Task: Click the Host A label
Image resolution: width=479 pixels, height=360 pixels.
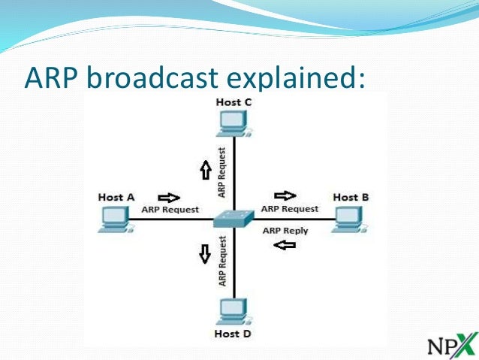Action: pos(116,197)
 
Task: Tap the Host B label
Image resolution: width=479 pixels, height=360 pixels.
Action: pos(351,197)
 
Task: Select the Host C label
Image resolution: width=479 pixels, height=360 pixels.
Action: pos(233,102)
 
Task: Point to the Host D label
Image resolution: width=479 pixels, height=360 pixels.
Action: pos(233,333)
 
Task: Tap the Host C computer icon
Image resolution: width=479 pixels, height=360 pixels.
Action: pos(233,123)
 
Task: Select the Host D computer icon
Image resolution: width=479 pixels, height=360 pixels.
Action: pos(233,311)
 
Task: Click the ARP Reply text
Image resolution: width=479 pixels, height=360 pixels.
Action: pos(285,231)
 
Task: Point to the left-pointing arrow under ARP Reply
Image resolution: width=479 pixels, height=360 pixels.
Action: pos(285,244)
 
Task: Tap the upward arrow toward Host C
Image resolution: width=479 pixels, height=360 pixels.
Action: pos(203,171)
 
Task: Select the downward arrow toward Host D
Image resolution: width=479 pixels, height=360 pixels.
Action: pos(203,255)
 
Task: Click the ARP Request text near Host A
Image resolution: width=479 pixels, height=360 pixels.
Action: pos(170,210)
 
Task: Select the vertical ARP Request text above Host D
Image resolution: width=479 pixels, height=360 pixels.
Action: pos(222,261)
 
